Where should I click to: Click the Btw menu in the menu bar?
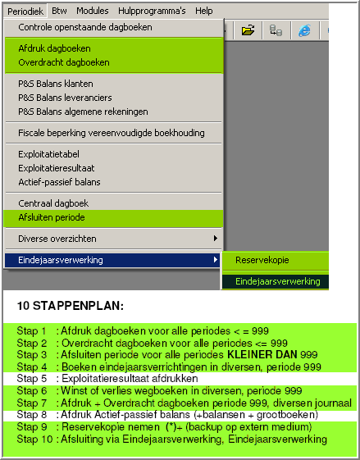click(x=59, y=11)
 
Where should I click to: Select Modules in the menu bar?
click(x=92, y=11)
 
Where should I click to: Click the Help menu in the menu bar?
click(x=204, y=11)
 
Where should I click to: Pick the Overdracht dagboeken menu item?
click(x=64, y=61)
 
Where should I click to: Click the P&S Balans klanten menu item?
click(x=56, y=84)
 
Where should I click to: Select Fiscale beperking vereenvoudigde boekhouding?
click(x=112, y=132)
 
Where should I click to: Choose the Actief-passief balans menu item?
click(x=59, y=181)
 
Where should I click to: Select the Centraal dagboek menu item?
click(x=53, y=203)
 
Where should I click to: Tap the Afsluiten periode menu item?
click(x=52, y=217)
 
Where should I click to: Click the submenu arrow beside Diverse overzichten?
click(x=216, y=239)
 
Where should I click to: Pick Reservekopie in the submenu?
click(x=262, y=260)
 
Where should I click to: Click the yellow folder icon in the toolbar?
click(x=248, y=30)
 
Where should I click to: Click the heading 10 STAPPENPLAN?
click(x=70, y=305)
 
